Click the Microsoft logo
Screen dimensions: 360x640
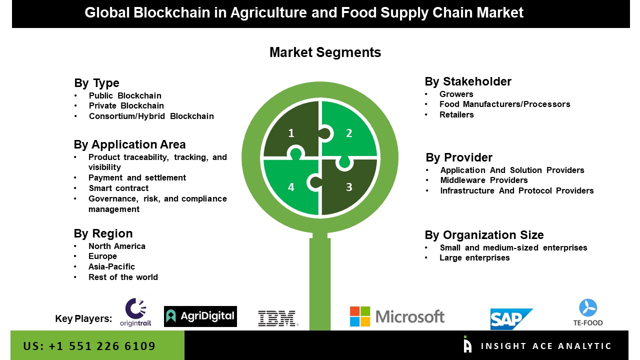pyautogui.click(x=397, y=316)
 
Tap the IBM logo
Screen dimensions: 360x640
pyautogui.click(x=277, y=318)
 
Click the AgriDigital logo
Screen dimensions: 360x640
pyautogui.click(x=200, y=316)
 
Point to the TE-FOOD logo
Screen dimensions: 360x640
pyautogui.click(x=588, y=312)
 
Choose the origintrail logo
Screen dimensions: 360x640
pyautogui.click(x=135, y=312)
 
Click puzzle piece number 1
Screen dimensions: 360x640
pyautogui.click(x=291, y=133)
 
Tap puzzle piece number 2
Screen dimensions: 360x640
pyautogui.click(x=349, y=133)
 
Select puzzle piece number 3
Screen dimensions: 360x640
pyautogui.click(x=349, y=187)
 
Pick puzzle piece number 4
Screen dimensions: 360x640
pyautogui.click(x=291, y=187)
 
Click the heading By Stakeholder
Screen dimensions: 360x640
pyautogui.click(x=468, y=81)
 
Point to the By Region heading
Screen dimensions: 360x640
pyautogui.click(x=103, y=233)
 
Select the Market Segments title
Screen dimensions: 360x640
pyautogui.click(x=325, y=52)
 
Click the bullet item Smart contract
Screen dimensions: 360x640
pyautogui.click(x=118, y=188)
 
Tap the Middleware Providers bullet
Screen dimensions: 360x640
pyautogui.click(x=484, y=180)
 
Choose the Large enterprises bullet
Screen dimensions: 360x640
pyautogui.click(x=474, y=258)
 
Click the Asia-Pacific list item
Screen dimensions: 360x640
pyautogui.click(x=111, y=266)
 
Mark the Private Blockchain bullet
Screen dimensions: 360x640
pyautogui.click(x=126, y=106)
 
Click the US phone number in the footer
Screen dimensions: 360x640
pyautogui.click(x=89, y=346)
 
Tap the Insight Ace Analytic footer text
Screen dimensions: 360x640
pyautogui.click(x=546, y=346)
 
